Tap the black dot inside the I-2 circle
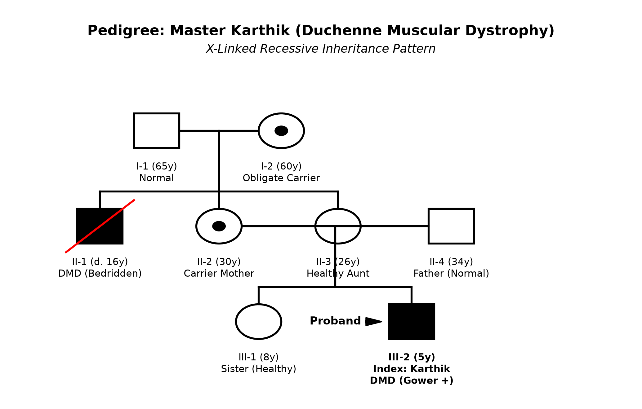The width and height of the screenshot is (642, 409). [281, 131]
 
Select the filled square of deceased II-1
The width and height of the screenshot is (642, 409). [100, 226]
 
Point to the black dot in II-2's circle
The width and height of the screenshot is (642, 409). [219, 226]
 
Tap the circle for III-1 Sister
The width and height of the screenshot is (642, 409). [237, 322]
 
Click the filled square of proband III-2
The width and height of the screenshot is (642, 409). [412, 322]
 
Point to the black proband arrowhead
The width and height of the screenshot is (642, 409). [374, 322]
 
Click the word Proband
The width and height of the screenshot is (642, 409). [335, 321]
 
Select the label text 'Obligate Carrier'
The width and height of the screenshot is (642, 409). [281, 178]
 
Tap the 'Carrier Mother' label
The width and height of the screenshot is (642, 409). [219, 274]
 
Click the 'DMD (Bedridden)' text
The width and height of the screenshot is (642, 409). [100, 274]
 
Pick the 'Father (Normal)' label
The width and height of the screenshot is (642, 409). [451, 274]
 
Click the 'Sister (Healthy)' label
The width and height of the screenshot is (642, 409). [259, 369]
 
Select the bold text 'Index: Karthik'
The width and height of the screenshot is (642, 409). [412, 369]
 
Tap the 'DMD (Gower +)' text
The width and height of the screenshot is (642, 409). [412, 381]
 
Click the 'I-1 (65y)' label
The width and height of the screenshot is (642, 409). [157, 166]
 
